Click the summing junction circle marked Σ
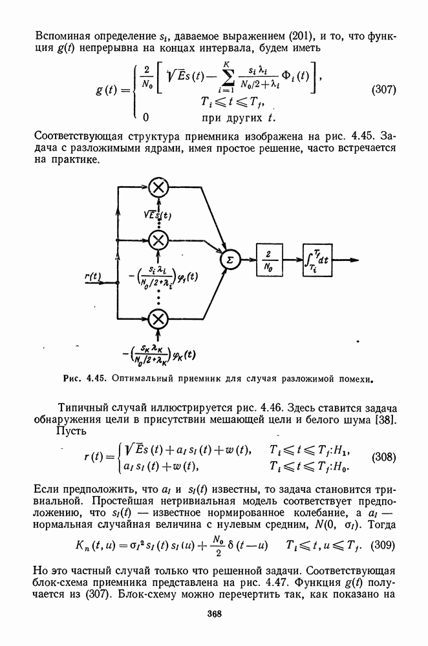pos(229,260)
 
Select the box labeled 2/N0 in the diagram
pos(269,260)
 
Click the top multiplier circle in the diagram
pos(158,188)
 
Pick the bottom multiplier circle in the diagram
pos(158,318)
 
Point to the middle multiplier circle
pos(158,240)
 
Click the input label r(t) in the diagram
pos(94,276)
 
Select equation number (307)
pos(383,90)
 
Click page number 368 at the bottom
pos(214,614)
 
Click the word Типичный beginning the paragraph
pos(81,408)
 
